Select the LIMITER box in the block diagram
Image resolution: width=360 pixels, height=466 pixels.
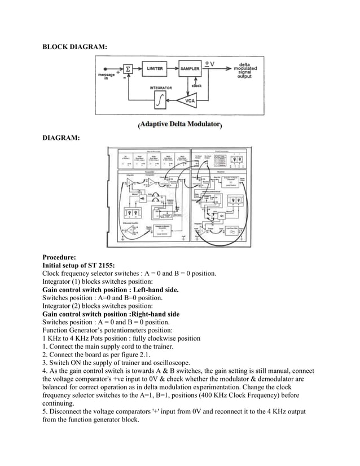pos(155,68)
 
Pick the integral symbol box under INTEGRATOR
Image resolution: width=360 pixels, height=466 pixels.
pos(161,102)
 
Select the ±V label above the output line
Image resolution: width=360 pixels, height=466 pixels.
pos(209,63)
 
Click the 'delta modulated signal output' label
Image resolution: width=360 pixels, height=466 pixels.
pos(245,71)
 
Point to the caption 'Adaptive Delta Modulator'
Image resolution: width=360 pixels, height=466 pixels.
pos(179,124)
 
